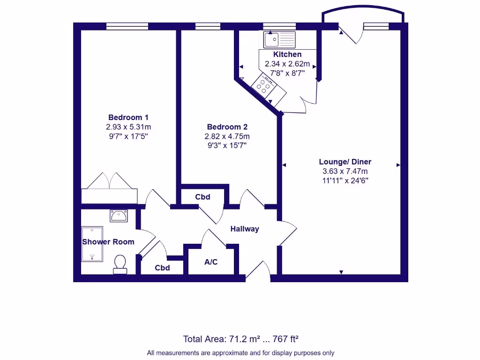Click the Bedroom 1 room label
coord(128,117)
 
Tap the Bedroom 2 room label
coord(227,127)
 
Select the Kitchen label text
coord(287,54)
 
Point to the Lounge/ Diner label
coord(345,162)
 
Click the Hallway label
coord(244,229)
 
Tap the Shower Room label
coord(108,242)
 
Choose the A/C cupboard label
coord(211,262)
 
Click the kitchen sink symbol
coord(279,39)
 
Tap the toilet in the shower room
coord(120,264)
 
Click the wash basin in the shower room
coord(119,216)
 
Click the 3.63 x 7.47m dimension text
coord(345,171)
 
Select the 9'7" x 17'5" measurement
coord(128,136)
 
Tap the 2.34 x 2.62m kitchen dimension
coord(287,64)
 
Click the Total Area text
coord(240,338)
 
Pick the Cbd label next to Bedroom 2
coord(202,197)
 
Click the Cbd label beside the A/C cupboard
coord(162,268)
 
